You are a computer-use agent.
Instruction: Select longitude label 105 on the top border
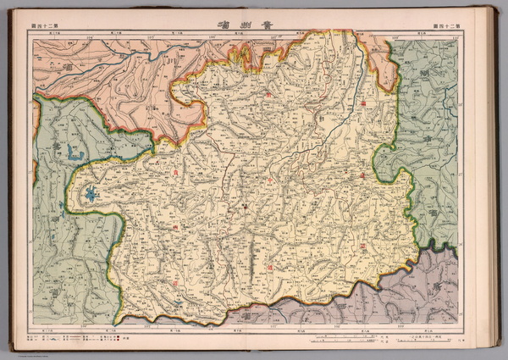coord(151,36)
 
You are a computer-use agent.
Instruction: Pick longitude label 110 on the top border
coord(450,36)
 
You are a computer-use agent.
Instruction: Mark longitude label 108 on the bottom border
coord(337,324)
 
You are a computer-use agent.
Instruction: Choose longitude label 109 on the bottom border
coord(398,324)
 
